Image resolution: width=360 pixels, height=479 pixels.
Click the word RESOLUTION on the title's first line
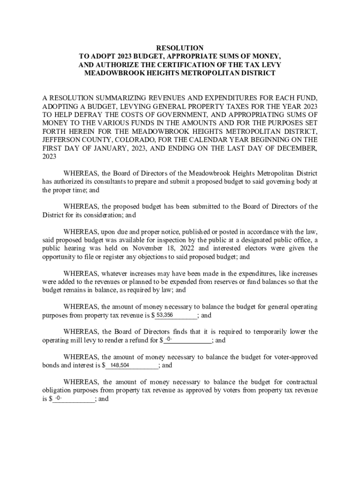(x=180, y=48)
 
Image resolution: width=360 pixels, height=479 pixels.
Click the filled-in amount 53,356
(x=165, y=315)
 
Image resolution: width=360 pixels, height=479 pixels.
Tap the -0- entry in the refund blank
(x=169, y=340)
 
